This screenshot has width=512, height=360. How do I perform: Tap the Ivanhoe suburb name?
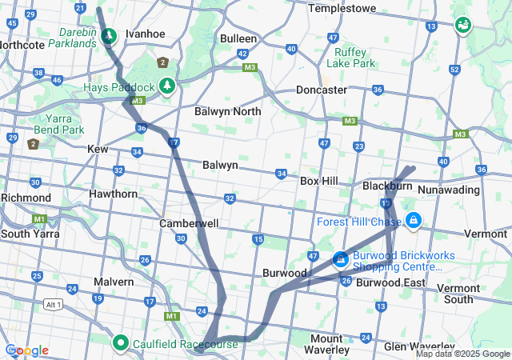click(x=145, y=34)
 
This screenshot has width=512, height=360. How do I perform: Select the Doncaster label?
click(x=322, y=90)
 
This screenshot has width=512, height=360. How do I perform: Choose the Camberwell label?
click(x=189, y=223)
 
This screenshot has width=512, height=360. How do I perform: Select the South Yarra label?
click(x=26, y=234)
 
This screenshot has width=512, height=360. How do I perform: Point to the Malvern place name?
click(x=114, y=282)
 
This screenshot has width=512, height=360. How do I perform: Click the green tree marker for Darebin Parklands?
click(x=109, y=36)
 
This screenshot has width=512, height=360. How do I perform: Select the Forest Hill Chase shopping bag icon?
click(x=414, y=220)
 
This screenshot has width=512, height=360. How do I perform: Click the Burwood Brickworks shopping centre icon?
click(x=340, y=259)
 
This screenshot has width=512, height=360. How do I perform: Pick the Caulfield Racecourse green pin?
click(x=121, y=343)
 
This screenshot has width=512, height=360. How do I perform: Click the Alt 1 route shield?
click(x=54, y=305)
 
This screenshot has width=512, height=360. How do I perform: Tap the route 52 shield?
click(x=454, y=70)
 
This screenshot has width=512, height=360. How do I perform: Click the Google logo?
click(x=26, y=350)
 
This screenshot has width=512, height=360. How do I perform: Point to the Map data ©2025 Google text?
click(x=462, y=354)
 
